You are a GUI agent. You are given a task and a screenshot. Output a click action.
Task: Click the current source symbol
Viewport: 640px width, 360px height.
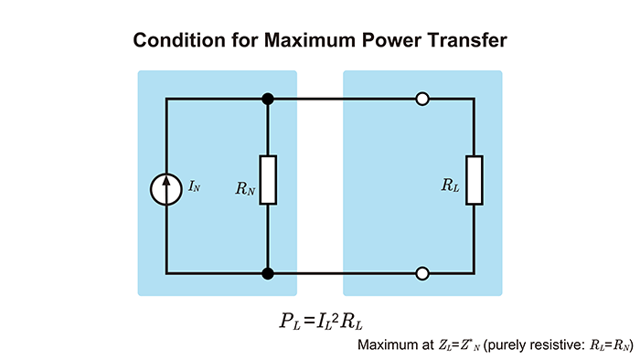click(166, 186)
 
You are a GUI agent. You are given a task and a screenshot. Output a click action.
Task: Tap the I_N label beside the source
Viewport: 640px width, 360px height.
click(194, 186)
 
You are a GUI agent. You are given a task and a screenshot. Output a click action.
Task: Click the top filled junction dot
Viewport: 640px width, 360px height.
click(268, 98)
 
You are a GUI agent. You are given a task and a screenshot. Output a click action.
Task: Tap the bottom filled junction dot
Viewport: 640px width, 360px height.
click(268, 272)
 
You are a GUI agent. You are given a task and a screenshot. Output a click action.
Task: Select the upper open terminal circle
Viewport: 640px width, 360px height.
click(422, 98)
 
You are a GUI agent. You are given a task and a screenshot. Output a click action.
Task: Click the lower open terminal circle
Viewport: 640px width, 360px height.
click(422, 272)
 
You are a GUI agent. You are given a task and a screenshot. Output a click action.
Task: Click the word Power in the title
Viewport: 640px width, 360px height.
click(393, 41)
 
